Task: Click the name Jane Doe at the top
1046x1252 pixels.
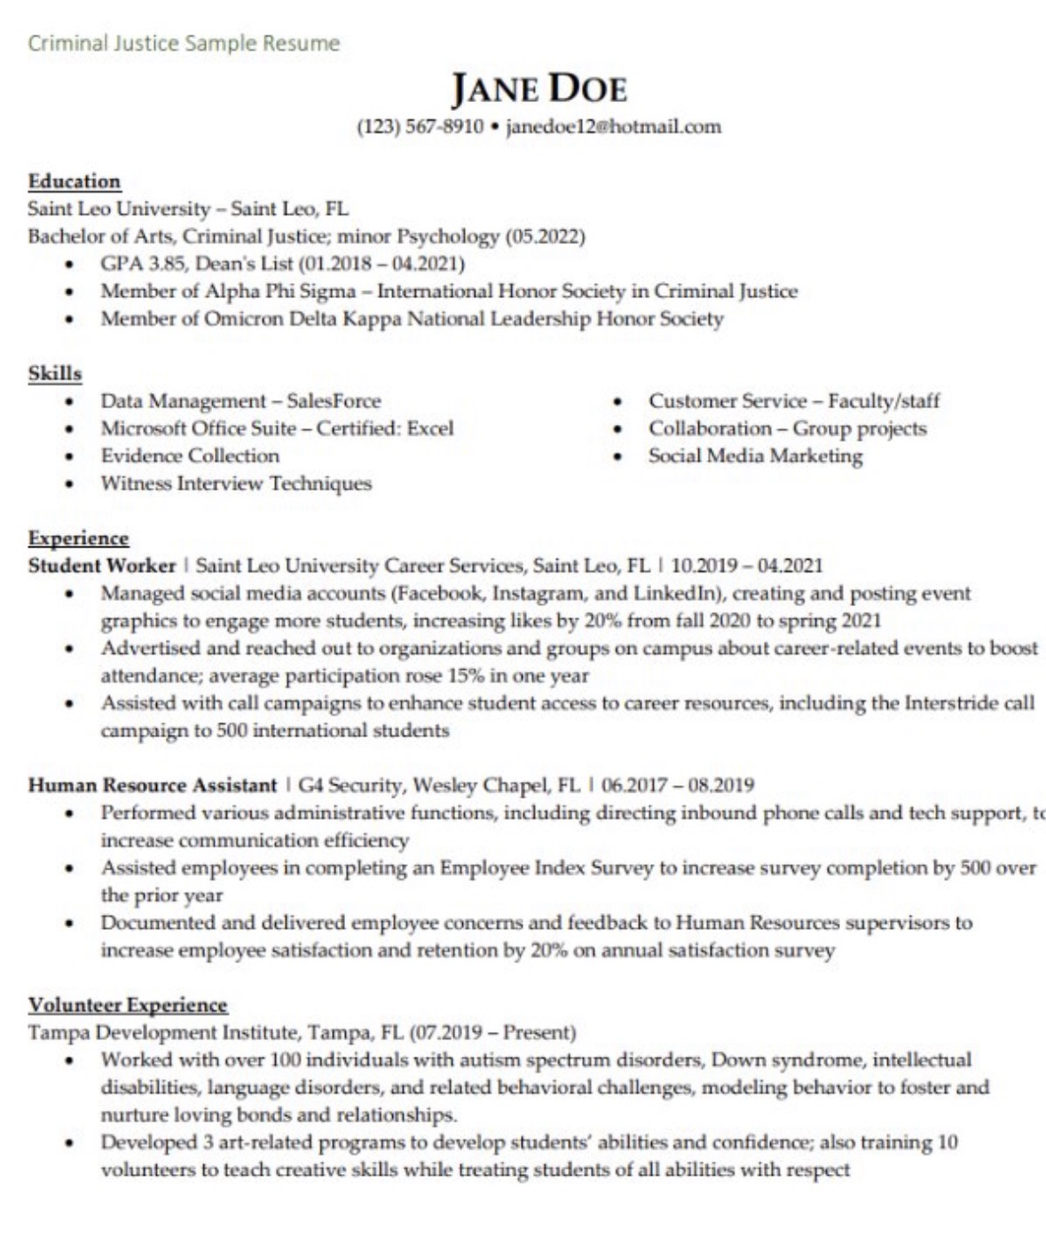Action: (539, 89)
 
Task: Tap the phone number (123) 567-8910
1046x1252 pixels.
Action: (420, 127)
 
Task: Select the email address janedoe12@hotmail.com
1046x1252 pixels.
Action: (613, 127)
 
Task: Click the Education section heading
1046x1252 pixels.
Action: (74, 181)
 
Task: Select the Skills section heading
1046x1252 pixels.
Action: (55, 374)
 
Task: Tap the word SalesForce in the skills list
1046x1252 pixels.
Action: (334, 401)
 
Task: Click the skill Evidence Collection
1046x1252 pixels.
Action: (190, 456)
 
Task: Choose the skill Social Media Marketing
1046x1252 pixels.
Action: (755, 456)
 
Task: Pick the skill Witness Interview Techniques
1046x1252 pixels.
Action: (236, 484)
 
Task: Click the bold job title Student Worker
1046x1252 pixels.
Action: (102, 566)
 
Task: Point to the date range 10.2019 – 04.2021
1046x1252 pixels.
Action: (747, 566)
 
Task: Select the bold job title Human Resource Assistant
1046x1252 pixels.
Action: (153, 785)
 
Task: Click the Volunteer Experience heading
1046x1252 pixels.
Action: (128, 1005)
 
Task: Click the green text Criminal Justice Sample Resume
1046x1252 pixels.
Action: (184, 43)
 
